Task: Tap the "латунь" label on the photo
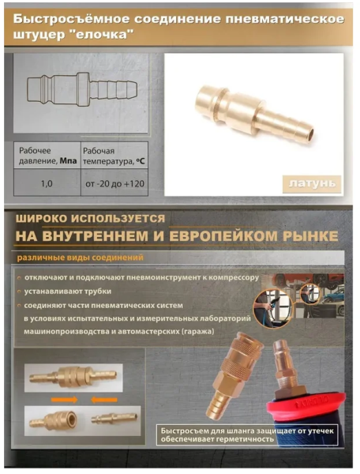click(x=312, y=184)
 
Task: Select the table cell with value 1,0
click(x=47, y=183)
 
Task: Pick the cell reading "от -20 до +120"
click(x=114, y=183)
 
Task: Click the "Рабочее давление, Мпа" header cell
click(x=47, y=156)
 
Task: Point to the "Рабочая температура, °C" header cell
click(x=114, y=156)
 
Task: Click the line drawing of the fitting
click(x=81, y=89)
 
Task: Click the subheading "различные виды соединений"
click(x=80, y=258)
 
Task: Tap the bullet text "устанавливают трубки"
click(x=68, y=292)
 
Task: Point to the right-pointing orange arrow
click(x=64, y=400)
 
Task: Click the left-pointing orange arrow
click(x=104, y=400)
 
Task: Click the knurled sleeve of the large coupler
click(x=235, y=368)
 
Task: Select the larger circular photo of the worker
click(x=272, y=308)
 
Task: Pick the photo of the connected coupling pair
click(x=73, y=378)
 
